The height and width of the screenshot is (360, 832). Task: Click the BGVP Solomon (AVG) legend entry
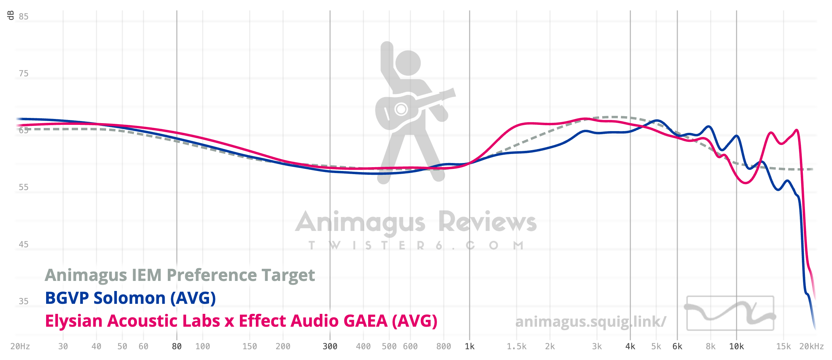tap(130, 298)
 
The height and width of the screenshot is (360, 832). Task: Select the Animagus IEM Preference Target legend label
tap(180, 275)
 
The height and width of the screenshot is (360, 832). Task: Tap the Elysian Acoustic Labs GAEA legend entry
tap(241, 321)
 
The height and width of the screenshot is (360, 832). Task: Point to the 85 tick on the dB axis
tap(24, 17)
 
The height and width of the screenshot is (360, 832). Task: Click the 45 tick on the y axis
tap(24, 245)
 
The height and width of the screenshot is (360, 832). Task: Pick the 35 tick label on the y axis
tap(24, 301)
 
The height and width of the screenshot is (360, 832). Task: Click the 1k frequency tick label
tap(470, 346)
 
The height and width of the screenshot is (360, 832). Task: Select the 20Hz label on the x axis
tap(20, 346)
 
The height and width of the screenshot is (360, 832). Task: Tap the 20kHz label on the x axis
tap(811, 346)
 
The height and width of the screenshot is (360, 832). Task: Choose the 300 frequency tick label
tap(330, 346)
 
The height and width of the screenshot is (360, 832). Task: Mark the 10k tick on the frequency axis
tap(736, 346)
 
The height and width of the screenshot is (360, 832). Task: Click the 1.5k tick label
tap(517, 346)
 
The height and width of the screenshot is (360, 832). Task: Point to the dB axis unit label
tap(11, 15)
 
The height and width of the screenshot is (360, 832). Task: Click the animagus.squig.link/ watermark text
tap(590, 322)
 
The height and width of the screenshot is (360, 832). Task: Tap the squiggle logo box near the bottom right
tap(730, 313)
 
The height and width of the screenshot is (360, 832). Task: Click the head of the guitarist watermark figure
tap(408, 63)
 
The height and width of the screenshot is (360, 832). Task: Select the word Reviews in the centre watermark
tap(487, 222)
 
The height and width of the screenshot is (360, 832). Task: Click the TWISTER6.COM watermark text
tap(416, 246)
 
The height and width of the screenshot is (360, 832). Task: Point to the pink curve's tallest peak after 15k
tap(797, 130)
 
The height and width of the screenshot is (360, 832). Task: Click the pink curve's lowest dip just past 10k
tap(746, 183)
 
